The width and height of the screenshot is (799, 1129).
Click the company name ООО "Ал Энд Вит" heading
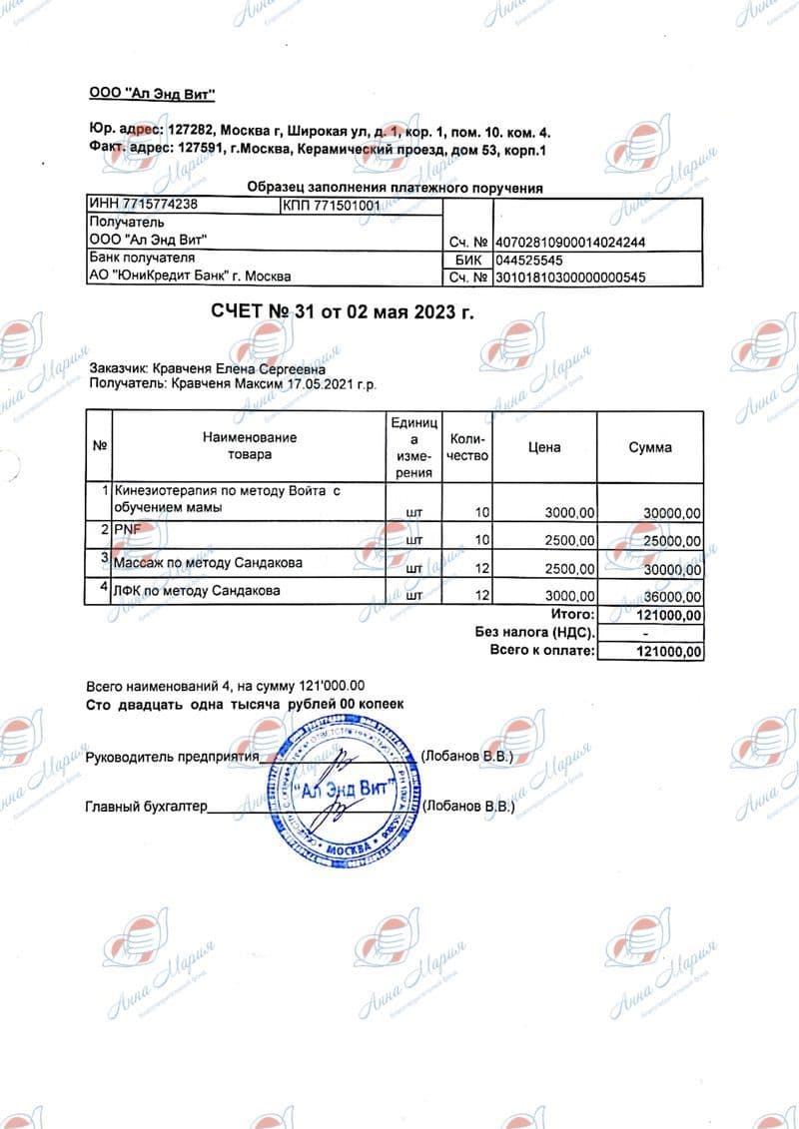pyautogui.click(x=153, y=94)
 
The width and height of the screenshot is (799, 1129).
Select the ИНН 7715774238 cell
pyautogui.click(x=144, y=206)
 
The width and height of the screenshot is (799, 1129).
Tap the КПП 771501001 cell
pyautogui.click(x=333, y=206)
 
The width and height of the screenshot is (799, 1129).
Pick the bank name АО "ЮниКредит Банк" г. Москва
pyautogui.click(x=191, y=277)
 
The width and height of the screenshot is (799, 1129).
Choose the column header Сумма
pyautogui.click(x=650, y=447)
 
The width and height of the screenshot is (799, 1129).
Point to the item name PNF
pyautogui.click(x=130, y=529)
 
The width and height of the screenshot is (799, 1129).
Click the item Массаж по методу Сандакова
pyautogui.click(x=210, y=563)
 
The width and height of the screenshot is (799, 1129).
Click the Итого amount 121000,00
pyautogui.click(x=668, y=615)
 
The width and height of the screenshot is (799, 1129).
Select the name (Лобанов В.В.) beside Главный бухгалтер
pyautogui.click(x=468, y=805)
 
